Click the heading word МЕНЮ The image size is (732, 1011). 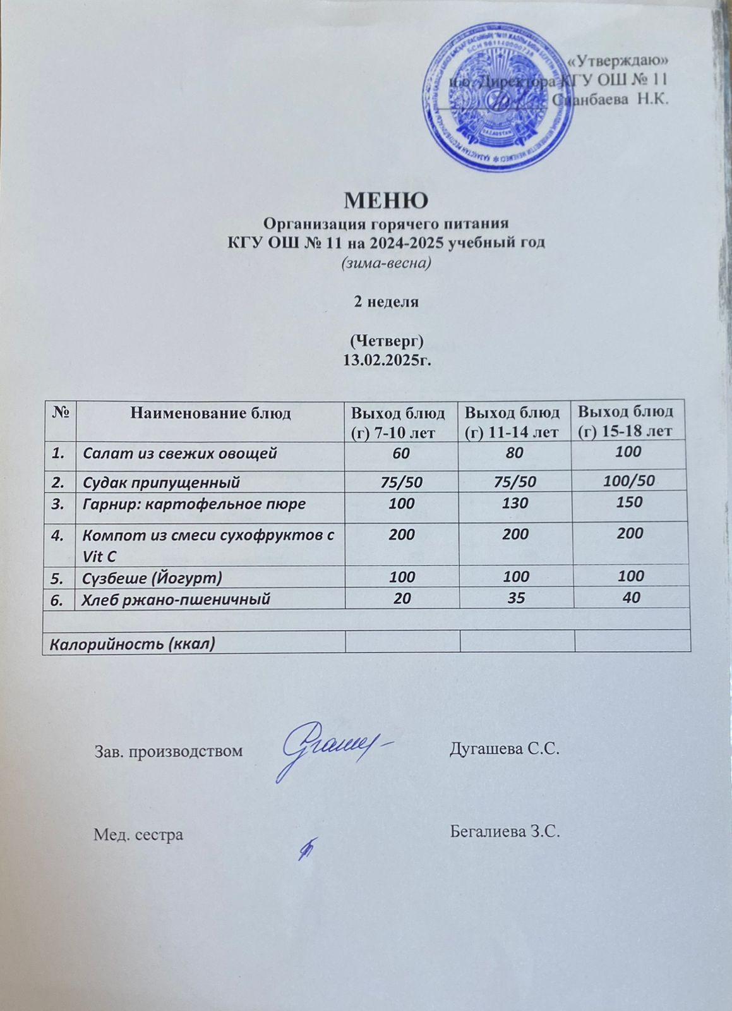tap(386, 200)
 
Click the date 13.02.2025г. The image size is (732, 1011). tap(386, 360)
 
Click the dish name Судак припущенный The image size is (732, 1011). tap(161, 483)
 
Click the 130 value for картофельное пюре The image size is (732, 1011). tap(516, 504)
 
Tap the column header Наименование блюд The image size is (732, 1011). tap(210, 414)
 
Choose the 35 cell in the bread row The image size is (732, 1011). tap(516, 598)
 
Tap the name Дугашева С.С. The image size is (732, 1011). tap(505, 749)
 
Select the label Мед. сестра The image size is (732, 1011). tap(138, 835)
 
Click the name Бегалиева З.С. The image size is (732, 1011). tap(505, 831)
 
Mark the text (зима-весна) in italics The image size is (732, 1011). tap(386, 263)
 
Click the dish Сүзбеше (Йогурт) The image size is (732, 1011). tap(152, 577)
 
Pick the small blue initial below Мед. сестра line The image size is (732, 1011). tap(308, 847)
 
